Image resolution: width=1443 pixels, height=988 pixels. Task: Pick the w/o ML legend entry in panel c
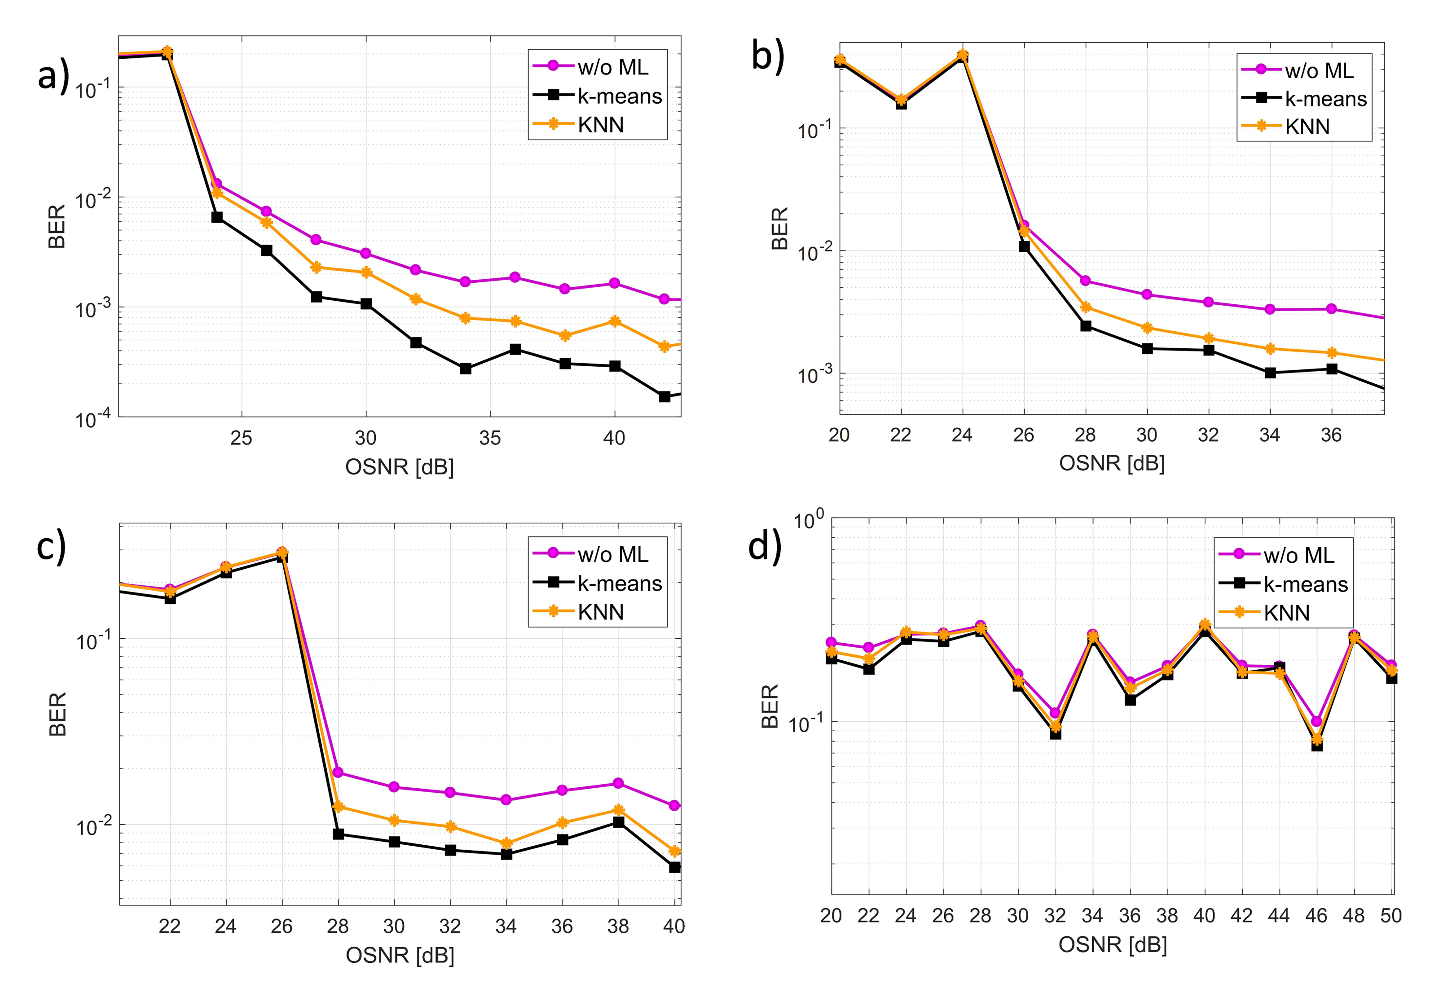pyautogui.click(x=590, y=554)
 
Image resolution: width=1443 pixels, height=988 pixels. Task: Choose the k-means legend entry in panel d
pyautogui.click(x=1284, y=584)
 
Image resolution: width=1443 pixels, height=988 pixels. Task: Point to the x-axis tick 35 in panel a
pyautogui.click(x=490, y=438)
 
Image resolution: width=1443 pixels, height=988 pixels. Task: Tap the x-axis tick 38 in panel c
pyautogui.click(x=618, y=927)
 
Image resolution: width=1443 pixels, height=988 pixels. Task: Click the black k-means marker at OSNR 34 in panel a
pyautogui.click(x=466, y=369)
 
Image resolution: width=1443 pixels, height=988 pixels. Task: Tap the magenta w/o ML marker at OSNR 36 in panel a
pyautogui.click(x=515, y=277)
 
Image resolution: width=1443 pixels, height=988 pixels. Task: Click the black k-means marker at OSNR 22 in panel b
pyautogui.click(x=901, y=104)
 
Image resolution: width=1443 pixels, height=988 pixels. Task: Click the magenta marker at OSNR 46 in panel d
pyautogui.click(x=1316, y=722)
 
